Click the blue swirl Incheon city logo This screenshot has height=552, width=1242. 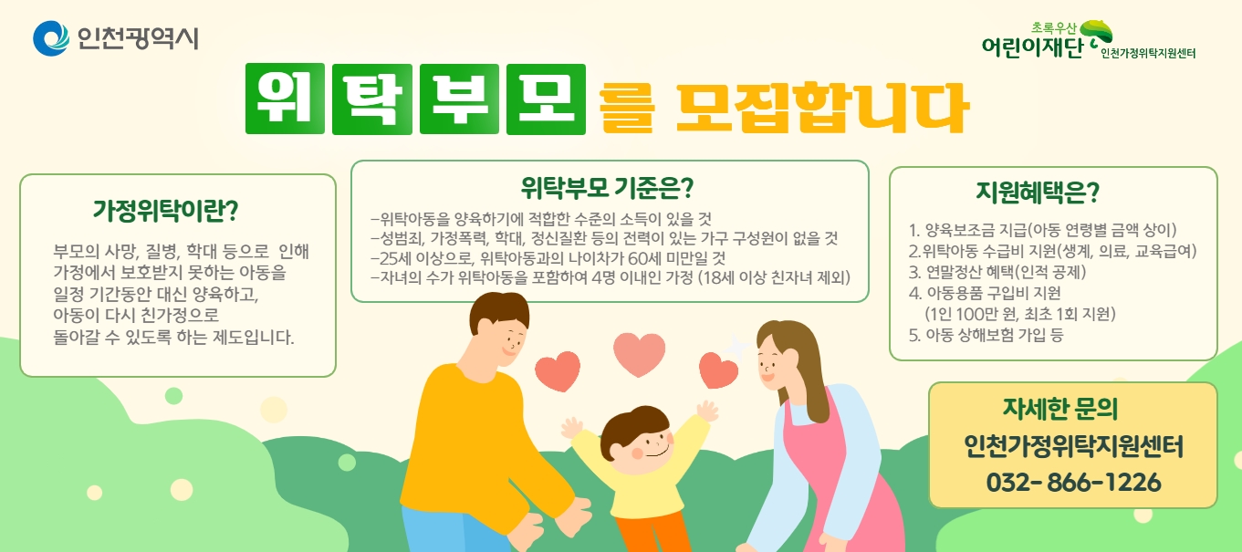(51, 38)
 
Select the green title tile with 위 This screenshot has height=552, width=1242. (285, 99)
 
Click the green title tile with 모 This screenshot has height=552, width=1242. (546, 99)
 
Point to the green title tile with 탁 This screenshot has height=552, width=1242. (372, 99)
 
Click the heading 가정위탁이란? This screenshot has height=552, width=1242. (165, 211)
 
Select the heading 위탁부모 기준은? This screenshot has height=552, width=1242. (607, 189)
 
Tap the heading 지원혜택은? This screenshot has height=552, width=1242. (1038, 193)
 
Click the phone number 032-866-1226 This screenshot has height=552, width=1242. (1073, 482)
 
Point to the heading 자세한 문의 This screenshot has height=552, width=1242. (1060, 409)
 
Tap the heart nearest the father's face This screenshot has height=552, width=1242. (558, 370)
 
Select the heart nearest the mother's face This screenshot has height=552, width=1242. (718, 370)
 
